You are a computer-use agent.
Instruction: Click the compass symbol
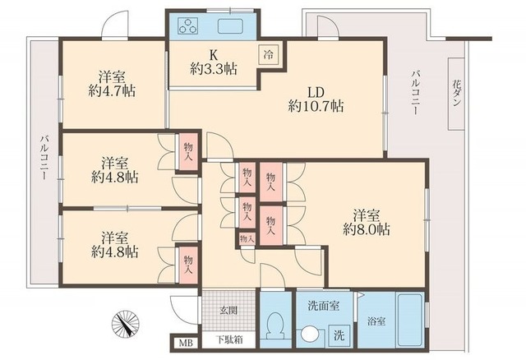(x=125, y=324)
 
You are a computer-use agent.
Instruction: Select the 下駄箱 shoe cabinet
(x=228, y=340)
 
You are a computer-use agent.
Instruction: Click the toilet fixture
(x=276, y=325)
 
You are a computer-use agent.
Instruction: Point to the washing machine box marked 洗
(x=339, y=335)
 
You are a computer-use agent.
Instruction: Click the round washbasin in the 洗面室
(x=308, y=335)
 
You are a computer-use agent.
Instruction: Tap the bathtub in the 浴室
(x=409, y=321)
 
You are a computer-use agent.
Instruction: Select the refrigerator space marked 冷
(x=269, y=54)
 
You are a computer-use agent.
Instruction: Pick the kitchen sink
(x=230, y=25)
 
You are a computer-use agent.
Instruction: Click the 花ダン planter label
(x=456, y=93)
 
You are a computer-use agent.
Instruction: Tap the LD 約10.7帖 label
(x=316, y=99)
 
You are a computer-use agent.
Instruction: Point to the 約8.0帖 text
(x=367, y=230)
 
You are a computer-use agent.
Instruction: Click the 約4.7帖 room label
(x=112, y=90)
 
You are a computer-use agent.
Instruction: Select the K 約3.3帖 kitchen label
(x=214, y=62)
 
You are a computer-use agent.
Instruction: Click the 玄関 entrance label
(x=228, y=310)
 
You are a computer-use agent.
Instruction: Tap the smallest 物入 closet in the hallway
(x=247, y=239)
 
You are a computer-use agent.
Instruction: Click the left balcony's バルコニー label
(x=44, y=157)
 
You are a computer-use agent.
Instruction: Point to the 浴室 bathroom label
(x=376, y=321)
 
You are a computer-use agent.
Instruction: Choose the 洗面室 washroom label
(x=323, y=306)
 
